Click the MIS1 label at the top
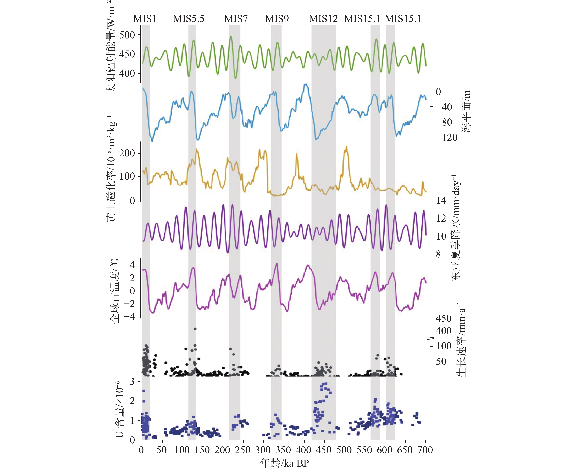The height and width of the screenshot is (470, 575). point(145,19)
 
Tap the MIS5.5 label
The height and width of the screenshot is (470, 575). point(189,19)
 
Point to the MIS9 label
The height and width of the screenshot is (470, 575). point(277,19)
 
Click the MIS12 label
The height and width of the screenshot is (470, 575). point(323,19)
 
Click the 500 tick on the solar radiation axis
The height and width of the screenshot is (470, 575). point(127,35)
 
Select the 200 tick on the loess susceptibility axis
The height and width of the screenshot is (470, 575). point(127,153)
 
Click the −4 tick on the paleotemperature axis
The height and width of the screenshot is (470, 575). point(129,317)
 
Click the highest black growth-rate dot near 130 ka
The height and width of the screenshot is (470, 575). point(195,329)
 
